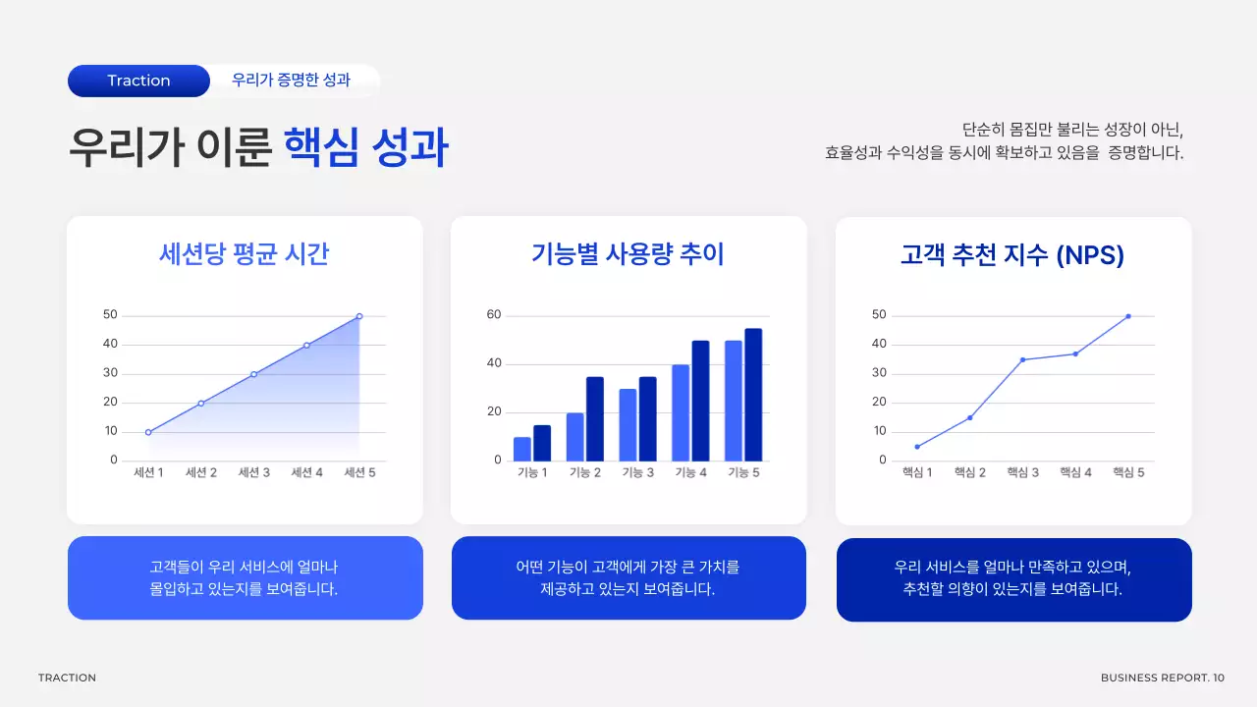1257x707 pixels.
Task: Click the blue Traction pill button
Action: [138, 81]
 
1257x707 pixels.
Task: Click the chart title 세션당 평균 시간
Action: [244, 254]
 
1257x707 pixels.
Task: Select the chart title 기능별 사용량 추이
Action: [628, 254]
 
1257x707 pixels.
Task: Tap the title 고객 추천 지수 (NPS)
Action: [1012, 255]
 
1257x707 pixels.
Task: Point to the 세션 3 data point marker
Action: [253, 374]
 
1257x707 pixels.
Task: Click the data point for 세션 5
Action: [359, 316]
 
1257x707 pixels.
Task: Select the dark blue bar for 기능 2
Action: [595, 418]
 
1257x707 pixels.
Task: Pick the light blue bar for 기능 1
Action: [521, 449]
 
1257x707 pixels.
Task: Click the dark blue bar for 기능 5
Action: [753, 394]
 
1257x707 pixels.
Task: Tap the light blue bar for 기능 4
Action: [681, 412]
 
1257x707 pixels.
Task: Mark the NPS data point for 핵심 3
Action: [1022, 359]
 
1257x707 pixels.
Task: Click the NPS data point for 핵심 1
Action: [917, 447]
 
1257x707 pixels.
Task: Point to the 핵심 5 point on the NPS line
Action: [1128, 316]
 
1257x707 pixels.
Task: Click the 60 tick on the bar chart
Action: [494, 315]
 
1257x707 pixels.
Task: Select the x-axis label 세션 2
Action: [200, 472]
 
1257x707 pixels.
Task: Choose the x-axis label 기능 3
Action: [637, 472]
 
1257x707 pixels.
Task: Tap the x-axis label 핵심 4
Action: [1075, 472]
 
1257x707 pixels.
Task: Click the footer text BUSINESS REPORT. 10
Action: [1162, 678]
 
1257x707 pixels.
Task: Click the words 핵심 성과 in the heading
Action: [365, 149]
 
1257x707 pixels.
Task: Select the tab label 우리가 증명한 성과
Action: [291, 81]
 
